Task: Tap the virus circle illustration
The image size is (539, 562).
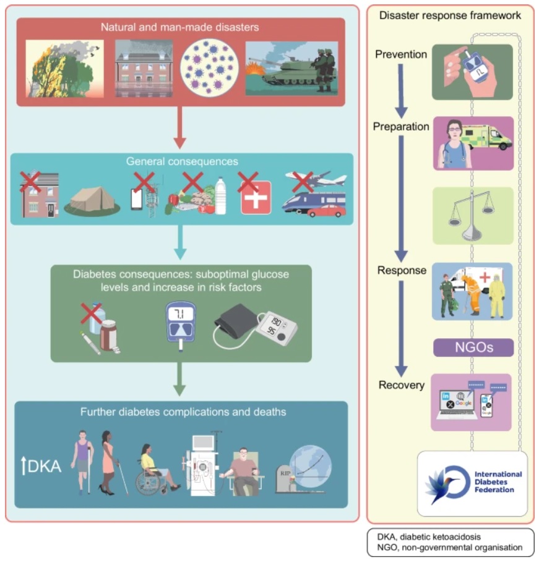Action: pos(209,68)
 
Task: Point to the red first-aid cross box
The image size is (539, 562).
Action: pos(256,197)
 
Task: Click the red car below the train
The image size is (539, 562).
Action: pos(326,211)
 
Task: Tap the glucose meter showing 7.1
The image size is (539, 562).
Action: pos(181,325)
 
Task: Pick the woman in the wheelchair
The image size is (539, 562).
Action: pos(156,469)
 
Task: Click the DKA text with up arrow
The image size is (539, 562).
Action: pos(41,466)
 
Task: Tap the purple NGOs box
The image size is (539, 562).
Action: pos(473,347)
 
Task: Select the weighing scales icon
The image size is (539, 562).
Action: pos(472,216)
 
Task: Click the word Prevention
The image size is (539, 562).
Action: pos(401,54)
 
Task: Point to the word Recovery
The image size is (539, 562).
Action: pos(402,385)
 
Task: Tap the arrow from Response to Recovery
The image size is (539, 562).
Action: pos(401,329)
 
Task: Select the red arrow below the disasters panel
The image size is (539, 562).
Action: pos(180,127)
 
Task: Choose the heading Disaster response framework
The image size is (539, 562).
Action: pos(450,15)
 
